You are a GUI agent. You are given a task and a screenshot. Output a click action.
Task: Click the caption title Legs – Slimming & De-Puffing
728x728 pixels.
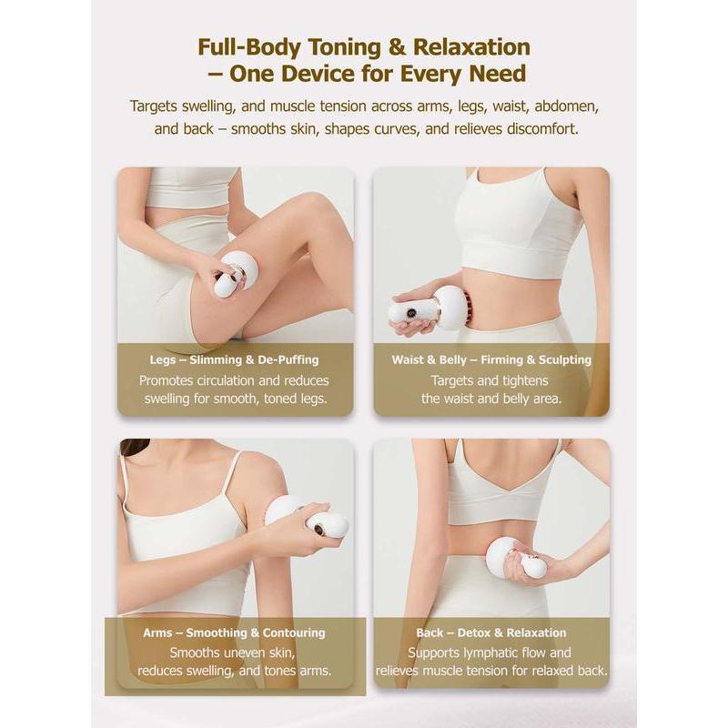coord(234,359)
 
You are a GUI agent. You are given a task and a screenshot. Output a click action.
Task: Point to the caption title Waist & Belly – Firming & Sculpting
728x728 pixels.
coord(491,359)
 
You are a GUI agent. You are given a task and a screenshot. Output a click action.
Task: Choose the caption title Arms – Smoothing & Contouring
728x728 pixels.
coord(234,632)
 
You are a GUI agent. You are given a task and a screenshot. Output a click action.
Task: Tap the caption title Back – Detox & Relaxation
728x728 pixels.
coord(491,632)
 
